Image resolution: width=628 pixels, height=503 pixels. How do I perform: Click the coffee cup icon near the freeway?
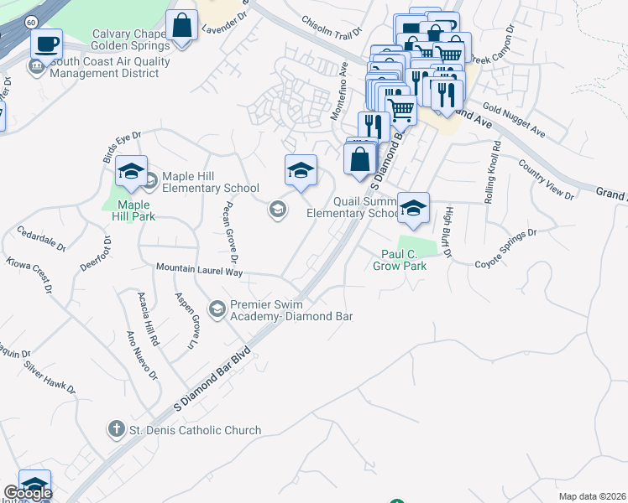click(x=46, y=43)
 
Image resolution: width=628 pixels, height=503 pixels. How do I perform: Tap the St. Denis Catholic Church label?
click(x=195, y=430)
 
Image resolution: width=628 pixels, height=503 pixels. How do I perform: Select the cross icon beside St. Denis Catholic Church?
click(x=116, y=430)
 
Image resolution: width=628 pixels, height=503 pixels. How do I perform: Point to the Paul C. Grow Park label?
click(x=400, y=260)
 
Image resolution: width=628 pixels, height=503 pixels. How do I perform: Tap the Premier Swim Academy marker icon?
click(x=217, y=310)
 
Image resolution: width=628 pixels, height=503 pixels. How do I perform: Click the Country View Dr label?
click(x=546, y=179)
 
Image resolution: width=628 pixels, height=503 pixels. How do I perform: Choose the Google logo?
click(x=28, y=493)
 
